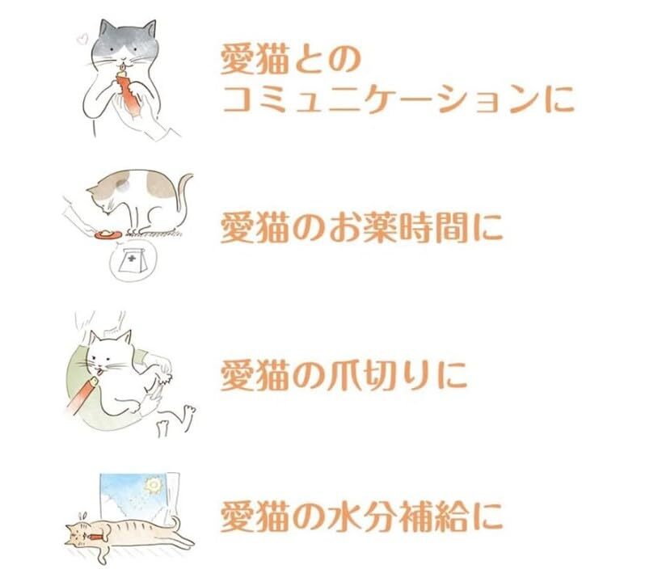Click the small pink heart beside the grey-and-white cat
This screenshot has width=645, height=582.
[79, 38]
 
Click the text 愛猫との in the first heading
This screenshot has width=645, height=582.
[289, 58]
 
